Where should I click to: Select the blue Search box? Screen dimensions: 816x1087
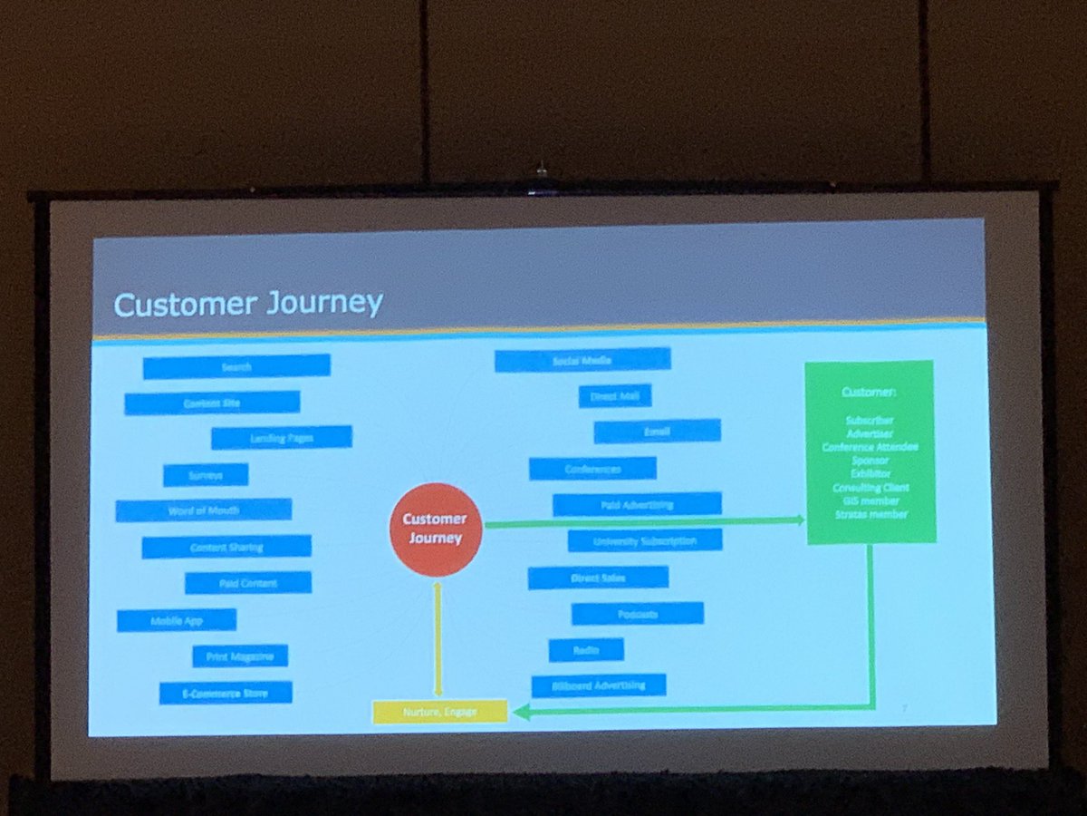[236, 366]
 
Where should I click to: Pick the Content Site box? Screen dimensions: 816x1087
[212, 403]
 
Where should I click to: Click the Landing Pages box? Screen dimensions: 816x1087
[281, 438]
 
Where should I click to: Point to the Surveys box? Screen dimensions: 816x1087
[206, 474]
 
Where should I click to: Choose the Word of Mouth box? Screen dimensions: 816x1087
[204, 510]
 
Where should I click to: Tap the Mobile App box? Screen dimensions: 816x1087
[177, 620]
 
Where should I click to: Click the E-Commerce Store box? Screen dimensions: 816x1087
[226, 693]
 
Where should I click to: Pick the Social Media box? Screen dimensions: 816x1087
[582, 360]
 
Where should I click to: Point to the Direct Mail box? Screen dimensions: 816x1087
[615, 396]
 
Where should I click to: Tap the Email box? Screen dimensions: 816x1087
[658, 432]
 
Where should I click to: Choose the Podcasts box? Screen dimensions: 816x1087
[638, 614]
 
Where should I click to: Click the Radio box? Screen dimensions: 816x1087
[586, 649]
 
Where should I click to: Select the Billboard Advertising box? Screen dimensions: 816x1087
[599, 685]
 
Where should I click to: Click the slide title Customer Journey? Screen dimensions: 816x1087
[247, 303]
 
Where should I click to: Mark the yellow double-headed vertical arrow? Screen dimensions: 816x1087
[438, 639]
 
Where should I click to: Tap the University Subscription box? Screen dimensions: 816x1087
[645, 541]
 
